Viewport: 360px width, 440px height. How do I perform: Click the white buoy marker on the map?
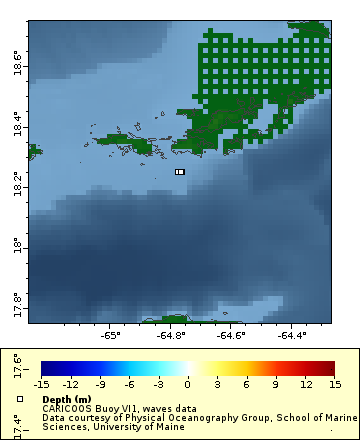(180, 172)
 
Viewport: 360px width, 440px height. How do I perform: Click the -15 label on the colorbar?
(41, 384)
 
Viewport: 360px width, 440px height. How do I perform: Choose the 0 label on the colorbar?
(187, 384)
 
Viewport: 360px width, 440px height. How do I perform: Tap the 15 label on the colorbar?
(334, 384)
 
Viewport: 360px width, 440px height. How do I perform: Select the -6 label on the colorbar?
(129, 384)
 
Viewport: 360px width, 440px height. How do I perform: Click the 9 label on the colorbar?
(275, 384)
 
